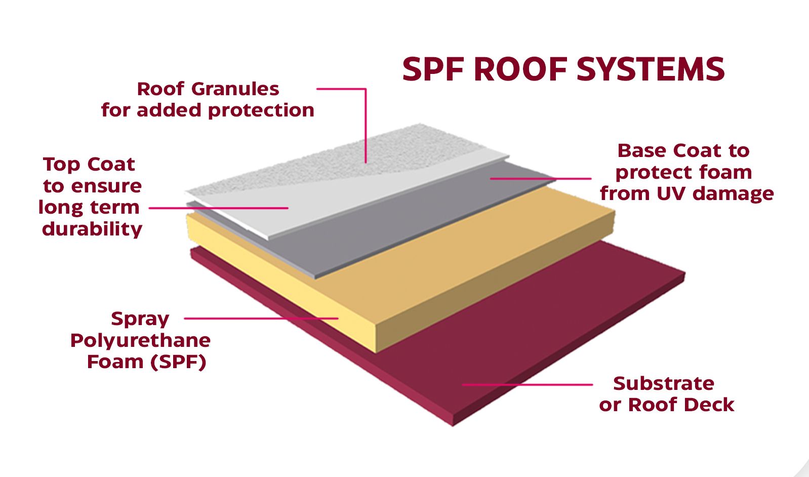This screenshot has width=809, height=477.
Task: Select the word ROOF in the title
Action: coord(521,69)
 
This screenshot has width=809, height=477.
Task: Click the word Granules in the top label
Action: coord(235,89)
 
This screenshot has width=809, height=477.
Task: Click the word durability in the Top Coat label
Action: coord(92,229)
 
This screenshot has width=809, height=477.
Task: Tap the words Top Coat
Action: coord(89,164)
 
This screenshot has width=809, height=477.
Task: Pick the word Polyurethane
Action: coord(140,340)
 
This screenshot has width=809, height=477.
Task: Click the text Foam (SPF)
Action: coord(146,362)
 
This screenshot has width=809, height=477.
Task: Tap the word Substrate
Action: coord(663,383)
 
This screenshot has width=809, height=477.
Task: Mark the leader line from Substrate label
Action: coord(527,385)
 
